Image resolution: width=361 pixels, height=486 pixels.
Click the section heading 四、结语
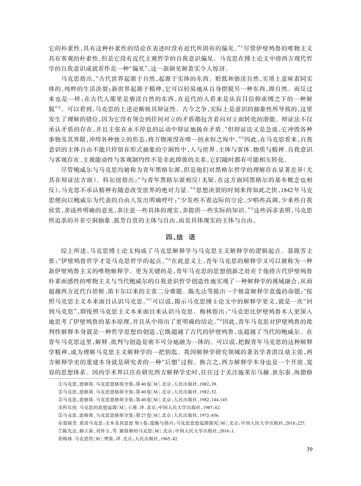(x=180, y=237)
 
